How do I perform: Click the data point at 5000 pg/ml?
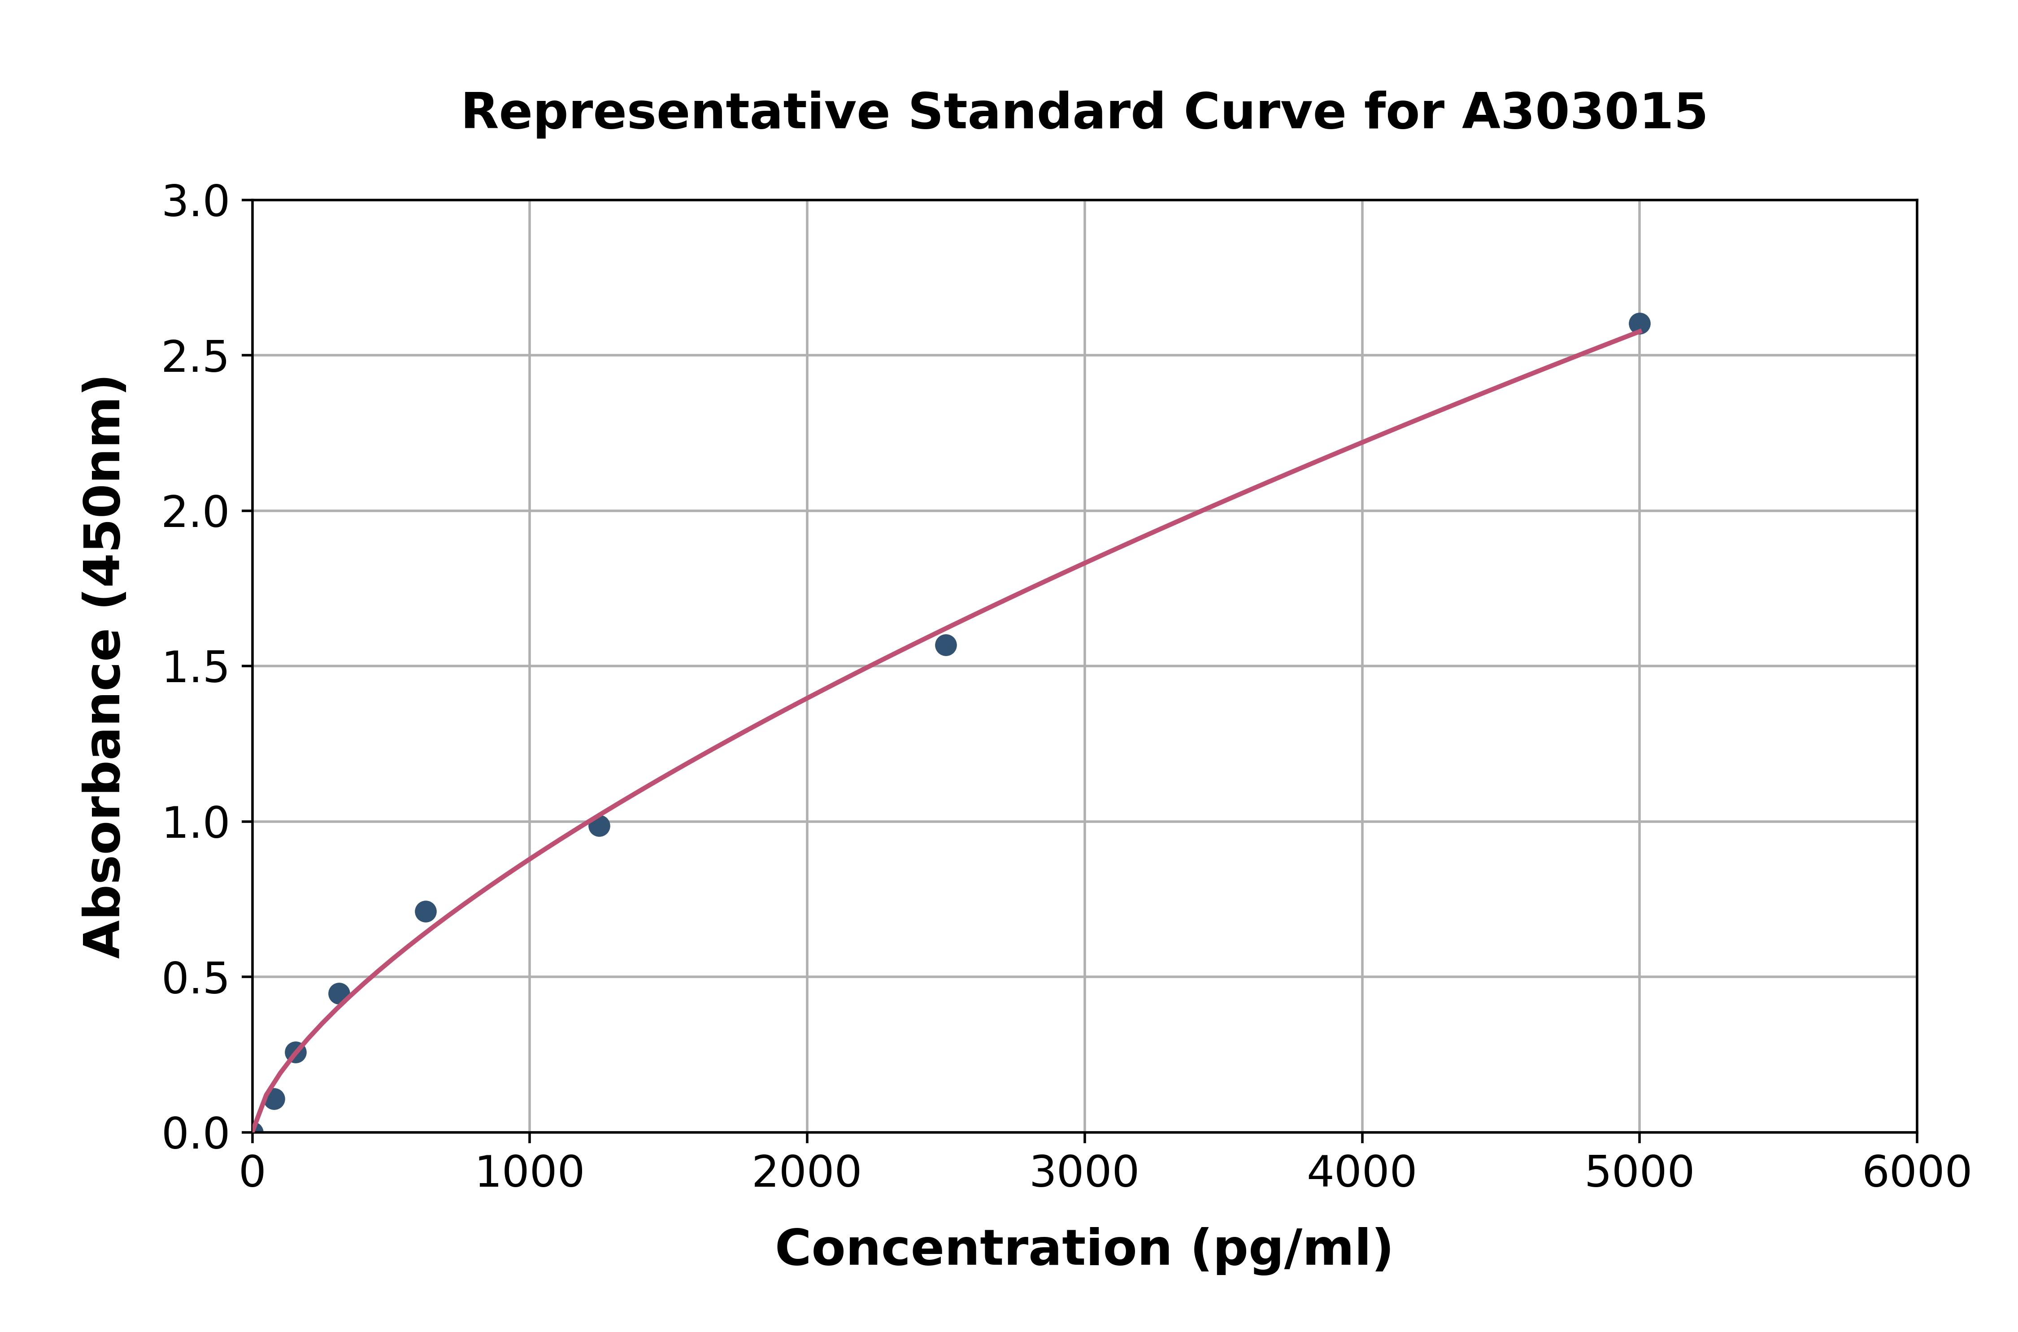(x=1639, y=323)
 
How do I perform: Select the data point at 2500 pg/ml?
(x=945, y=645)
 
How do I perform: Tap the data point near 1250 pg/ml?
(x=599, y=826)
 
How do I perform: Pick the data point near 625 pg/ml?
(x=426, y=911)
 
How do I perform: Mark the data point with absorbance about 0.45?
(x=339, y=993)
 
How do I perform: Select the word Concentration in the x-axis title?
(x=973, y=1249)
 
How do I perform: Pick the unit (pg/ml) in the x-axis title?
(x=1292, y=1249)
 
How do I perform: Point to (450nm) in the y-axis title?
(x=104, y=490)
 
